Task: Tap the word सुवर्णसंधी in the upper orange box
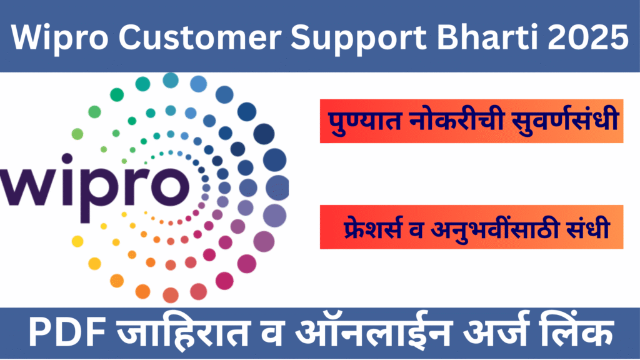pyautogui.click(x=560, y=121)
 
